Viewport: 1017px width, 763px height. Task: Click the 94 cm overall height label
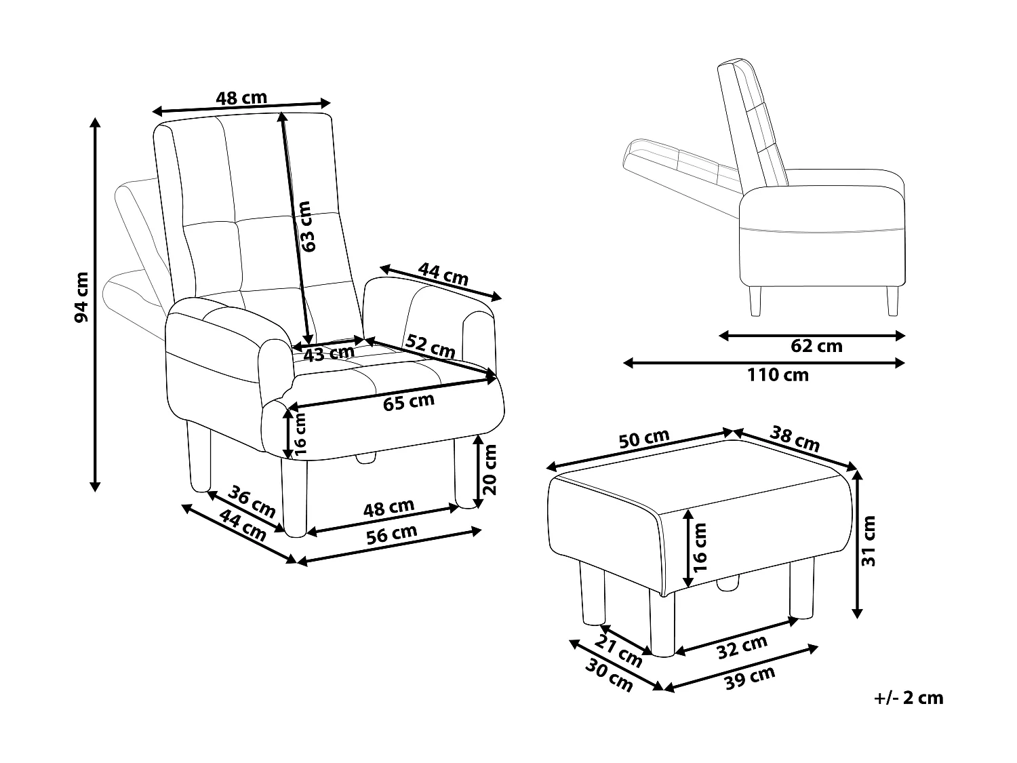coord(81,297)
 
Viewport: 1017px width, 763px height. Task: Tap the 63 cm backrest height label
coord(308,226)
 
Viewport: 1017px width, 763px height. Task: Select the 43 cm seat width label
coord(329,354)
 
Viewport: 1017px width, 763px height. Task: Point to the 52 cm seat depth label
coord(431,346)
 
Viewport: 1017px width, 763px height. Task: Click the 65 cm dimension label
coord(409,402)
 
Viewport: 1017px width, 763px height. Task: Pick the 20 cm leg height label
coord(490,470)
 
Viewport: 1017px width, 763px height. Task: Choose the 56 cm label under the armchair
coord(391,534)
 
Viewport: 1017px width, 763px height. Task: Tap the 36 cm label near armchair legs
coord(252,502)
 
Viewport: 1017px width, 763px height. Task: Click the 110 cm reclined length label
coord(778,375)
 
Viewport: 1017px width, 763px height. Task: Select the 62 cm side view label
coord(816,346)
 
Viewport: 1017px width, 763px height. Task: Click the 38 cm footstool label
coord(795,438)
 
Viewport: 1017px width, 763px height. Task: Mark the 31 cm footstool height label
coord(869,541)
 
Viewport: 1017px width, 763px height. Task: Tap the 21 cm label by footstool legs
coord(618,651)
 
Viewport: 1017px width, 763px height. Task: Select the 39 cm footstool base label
coord(749,678)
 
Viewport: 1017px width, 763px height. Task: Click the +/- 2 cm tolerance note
coord(908,698)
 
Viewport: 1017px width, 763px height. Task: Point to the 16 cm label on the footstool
coord(700,547)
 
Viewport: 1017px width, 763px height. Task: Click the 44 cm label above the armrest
coord(443,274)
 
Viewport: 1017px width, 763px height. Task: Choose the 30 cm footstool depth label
coord(608,676)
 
